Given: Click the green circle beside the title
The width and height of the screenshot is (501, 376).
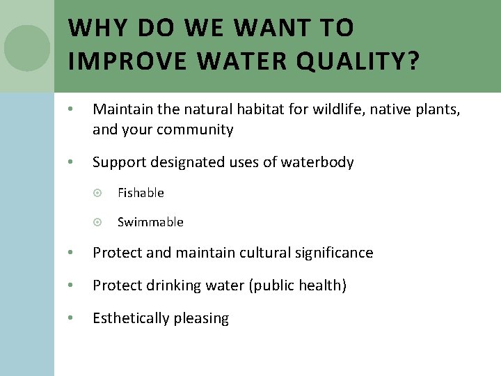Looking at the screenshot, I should point(27,48).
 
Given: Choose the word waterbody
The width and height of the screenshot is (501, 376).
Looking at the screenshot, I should point(317,162).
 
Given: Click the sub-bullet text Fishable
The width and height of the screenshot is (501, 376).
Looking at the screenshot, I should point(141,193).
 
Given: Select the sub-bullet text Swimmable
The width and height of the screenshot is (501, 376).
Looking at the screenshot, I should point(150,222).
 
